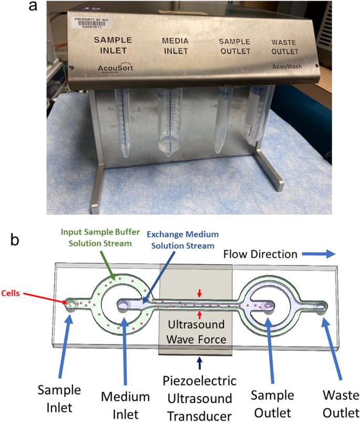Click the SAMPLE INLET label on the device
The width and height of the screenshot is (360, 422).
(112, 45)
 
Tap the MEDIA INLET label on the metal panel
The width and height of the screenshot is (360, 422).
(175, 46)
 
